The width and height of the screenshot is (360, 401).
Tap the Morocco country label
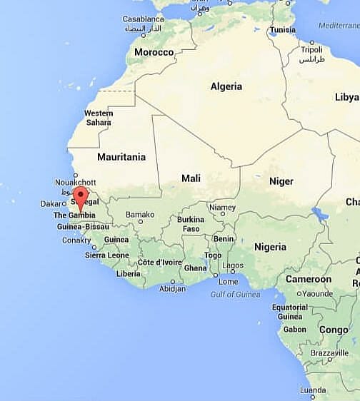pyautogui.click(x=154, y=53)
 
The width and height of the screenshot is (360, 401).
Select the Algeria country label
pyautogui.click(x=226, y=86)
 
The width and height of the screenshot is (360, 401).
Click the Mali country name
pyautogui.click(x=191, y=178)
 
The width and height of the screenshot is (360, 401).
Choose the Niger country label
pyautogui.click(x=281, y=181)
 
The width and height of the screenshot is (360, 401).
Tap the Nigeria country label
pyautogui.click(x=270, y=247)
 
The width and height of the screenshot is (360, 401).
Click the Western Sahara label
pyautogui.click(x=99, y=118)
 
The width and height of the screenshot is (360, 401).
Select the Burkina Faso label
pyautogui.click(x=191, y=224)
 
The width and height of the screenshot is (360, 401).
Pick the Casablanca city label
pyautogui.click(x=143, y=19)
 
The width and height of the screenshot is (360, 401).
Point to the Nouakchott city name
pyautogui.click(x=75, y=183)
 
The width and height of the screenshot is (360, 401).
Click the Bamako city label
pyautogui.click(x=140, y=215)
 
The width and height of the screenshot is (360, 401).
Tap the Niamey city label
pyautogui.click(x=222, y=208)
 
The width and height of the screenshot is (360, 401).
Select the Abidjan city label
pyautogui.click(x=172, y=288)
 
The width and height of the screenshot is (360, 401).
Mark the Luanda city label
pyautogui.click(x=313, y=390)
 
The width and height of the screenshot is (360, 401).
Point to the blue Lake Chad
pyautogui.click(x=320, y=214)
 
